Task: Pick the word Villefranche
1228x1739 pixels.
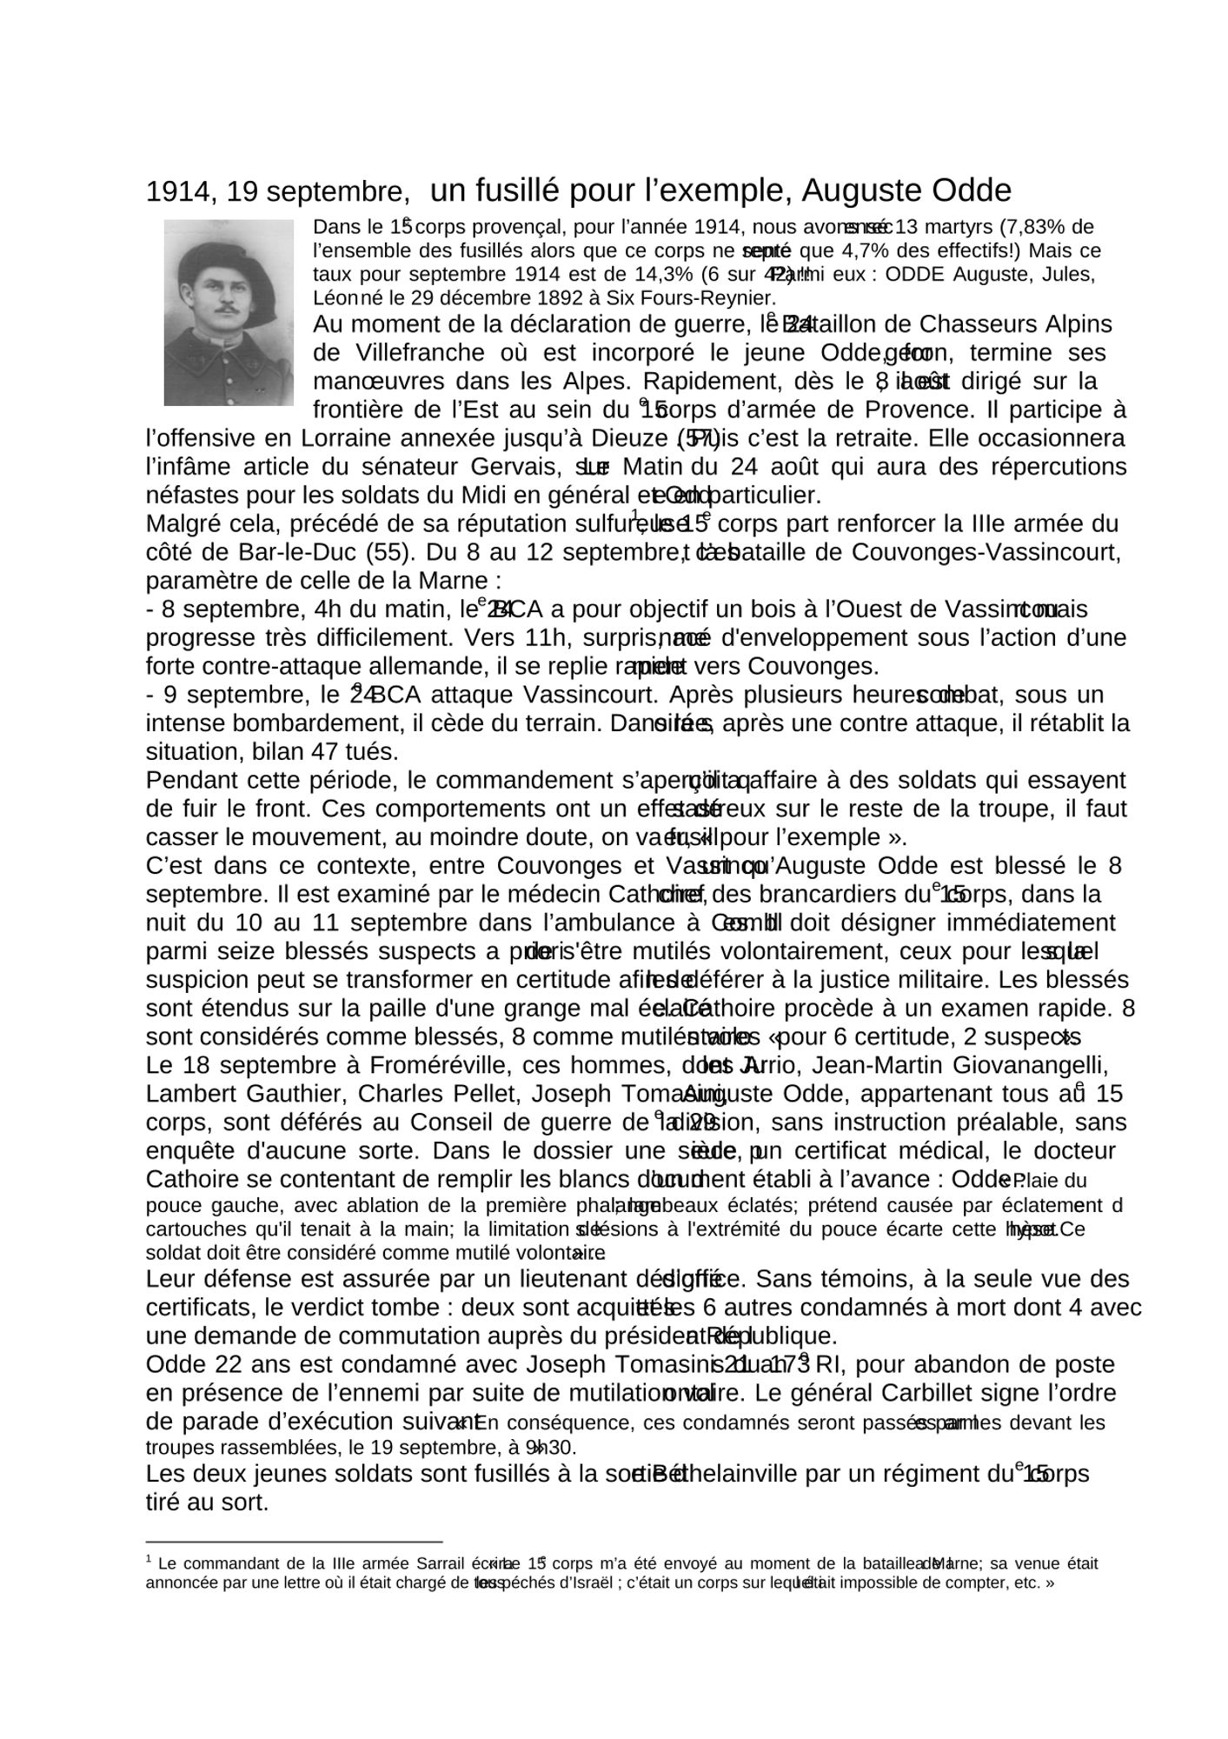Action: (409, 353)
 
